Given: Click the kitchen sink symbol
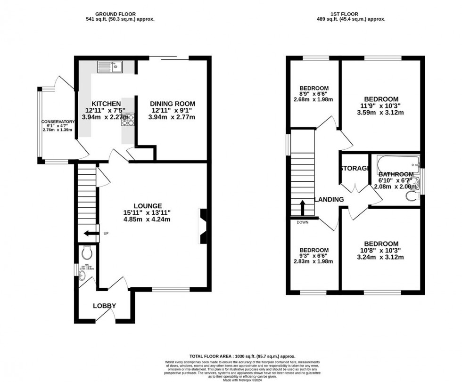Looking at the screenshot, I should tap(110, 67).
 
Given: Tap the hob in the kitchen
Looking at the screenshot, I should tap(128, 121).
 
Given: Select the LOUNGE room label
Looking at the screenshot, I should tap(148, 206).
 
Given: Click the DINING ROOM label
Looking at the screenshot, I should tap(172, 104).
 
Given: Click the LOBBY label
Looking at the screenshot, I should tap(104, 306).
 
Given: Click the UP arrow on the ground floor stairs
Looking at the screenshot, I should tap(89, 233).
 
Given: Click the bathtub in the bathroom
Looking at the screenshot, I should tap(397, 165).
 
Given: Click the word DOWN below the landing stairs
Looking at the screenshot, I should tap(303, 222).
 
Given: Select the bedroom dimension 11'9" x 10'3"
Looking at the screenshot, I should tap(381, 106).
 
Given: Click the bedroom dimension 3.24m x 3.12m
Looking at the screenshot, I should tap(381, 257).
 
